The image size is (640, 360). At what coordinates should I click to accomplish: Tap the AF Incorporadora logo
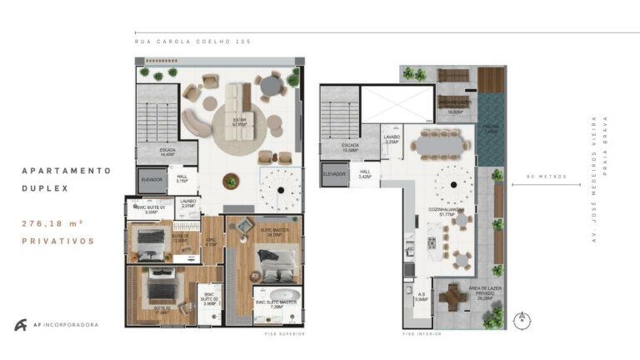click(55, 325)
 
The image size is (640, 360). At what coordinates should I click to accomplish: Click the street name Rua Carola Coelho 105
click(192, 41)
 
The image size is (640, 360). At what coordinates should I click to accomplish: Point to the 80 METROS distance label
click(542, 177)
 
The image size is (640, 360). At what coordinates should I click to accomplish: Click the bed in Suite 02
click(156, 291)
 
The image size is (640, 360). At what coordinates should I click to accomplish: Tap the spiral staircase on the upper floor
click(279, 191)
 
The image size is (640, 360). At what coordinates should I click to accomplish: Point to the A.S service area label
click(421, 296)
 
